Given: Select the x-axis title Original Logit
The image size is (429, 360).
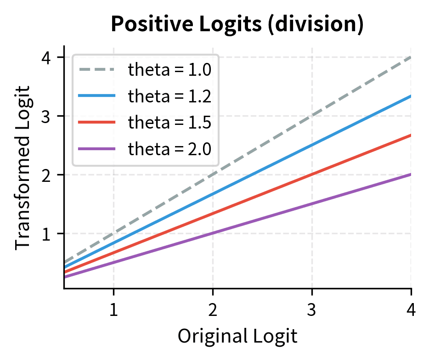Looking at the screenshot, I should [237, 336].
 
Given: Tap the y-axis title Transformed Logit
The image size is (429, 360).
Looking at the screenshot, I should [23, 167].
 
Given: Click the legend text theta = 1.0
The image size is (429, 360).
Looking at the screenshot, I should [169, 70].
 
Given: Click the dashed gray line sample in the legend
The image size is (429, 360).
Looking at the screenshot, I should [96, 70].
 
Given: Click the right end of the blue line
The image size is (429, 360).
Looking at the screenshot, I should [410, 96].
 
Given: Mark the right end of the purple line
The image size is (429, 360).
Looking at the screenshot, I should [410, 174].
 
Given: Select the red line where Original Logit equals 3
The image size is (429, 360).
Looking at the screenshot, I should [312, 175].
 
